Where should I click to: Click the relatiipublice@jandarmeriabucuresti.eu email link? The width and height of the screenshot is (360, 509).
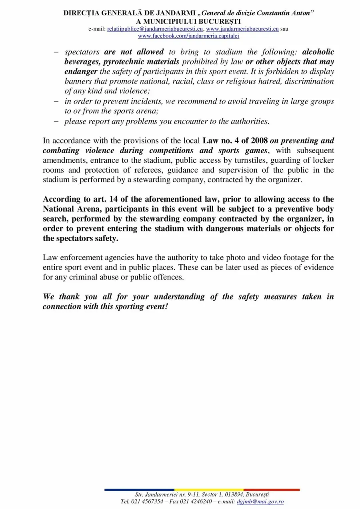tap(156, 29)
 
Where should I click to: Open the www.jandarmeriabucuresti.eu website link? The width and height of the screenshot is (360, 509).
tap(242, 29)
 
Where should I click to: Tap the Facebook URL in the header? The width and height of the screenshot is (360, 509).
tap(188, 36)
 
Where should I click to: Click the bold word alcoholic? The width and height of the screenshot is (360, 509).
tap(318, 52)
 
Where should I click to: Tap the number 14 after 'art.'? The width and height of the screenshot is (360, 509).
tap(113, 200)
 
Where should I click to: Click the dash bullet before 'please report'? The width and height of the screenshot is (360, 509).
tap(56, 121)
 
